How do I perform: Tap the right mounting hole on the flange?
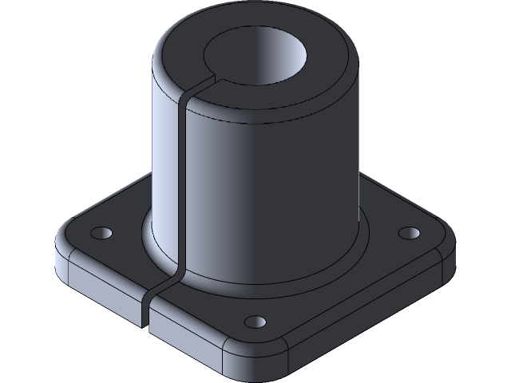[x=409, y=232]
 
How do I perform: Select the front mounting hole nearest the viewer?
[x=255, y=322]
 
